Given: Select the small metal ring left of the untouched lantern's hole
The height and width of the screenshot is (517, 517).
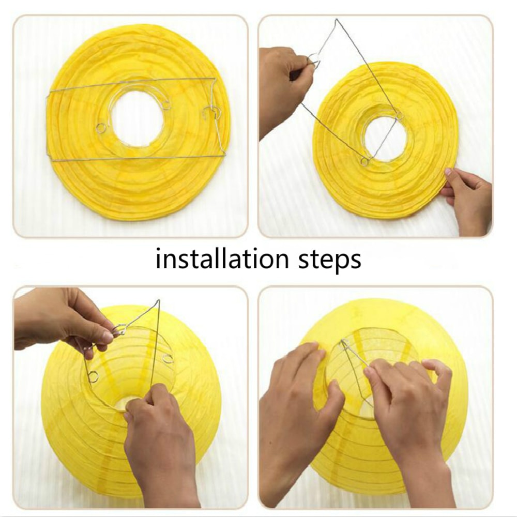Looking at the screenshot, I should click(x=101, y=128).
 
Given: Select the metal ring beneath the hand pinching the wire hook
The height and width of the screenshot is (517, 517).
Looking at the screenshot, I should click(x=93, y=376).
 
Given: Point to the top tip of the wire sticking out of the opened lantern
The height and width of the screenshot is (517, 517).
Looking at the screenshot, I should click(x=159, y=300).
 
